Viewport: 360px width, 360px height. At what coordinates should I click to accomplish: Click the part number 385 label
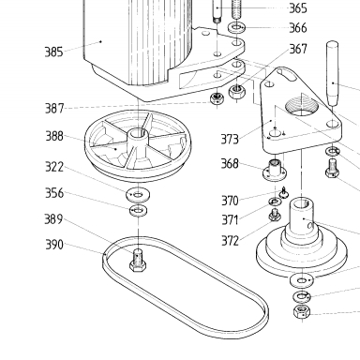[x=54, y=52]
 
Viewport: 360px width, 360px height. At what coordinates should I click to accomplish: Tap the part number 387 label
[x=54, y=109]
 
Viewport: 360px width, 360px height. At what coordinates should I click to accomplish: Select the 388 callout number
[x=54, y=136]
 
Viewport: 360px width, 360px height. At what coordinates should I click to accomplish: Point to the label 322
[x=54, y=167]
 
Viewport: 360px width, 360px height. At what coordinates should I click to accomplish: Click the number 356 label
[x=54, y=193]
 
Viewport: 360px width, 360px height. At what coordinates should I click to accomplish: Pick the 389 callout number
[x=53, y=219]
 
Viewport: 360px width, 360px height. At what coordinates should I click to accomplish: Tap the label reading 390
[x=54, y=245]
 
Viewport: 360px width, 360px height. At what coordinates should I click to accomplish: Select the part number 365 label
[x=298, y=8]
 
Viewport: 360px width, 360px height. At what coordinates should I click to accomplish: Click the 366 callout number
[x=298, y=28]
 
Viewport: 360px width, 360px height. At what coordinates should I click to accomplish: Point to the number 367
[x=298, y=49]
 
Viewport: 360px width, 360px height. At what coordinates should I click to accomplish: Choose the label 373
[x=230, y=140]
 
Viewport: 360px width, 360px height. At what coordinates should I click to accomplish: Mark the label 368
[x=230, y=163]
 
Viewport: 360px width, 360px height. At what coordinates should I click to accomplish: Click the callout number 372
[x=230, y=241]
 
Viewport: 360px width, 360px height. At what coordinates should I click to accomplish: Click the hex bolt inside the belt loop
[x=138, y=261]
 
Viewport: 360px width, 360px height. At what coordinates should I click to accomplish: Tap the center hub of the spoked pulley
[x=137, y=135]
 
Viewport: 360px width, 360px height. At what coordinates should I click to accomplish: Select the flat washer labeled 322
[x=138, y=195]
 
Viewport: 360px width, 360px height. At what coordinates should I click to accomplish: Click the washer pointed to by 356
[x=139, y=210]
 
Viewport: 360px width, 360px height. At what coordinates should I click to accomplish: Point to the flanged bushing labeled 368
[x=275, y=170]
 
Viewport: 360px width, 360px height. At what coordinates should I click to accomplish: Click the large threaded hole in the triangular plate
[x=302, y=106]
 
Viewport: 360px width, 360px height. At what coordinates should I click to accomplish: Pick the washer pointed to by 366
[x=236, y=27]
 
